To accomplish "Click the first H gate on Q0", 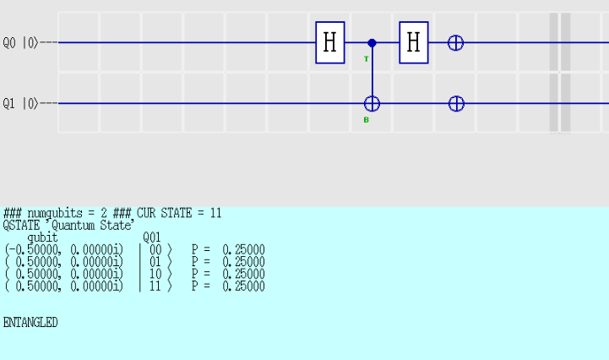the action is click(330, 42).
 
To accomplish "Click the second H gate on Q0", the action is click(414, 42).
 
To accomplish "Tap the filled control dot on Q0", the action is click(372, 43).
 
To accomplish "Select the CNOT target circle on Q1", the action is click(372, 104).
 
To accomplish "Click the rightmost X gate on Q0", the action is click(455, 43).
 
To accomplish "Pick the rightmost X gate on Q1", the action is click(456, 104).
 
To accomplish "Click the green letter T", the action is click(367, 59).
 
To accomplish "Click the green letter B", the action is click(367, 120).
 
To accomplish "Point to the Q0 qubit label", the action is click(9, 43).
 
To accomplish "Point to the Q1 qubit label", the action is click(9, 104).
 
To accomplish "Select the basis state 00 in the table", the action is click(155, 249).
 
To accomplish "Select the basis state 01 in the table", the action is click(155, 262).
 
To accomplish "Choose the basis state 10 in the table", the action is click(155, 274).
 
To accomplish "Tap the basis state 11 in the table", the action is click(155, 286).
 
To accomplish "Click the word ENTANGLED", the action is click(30, 322).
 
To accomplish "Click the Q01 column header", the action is click(152, 237).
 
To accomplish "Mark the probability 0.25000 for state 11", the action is click(243, 286).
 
